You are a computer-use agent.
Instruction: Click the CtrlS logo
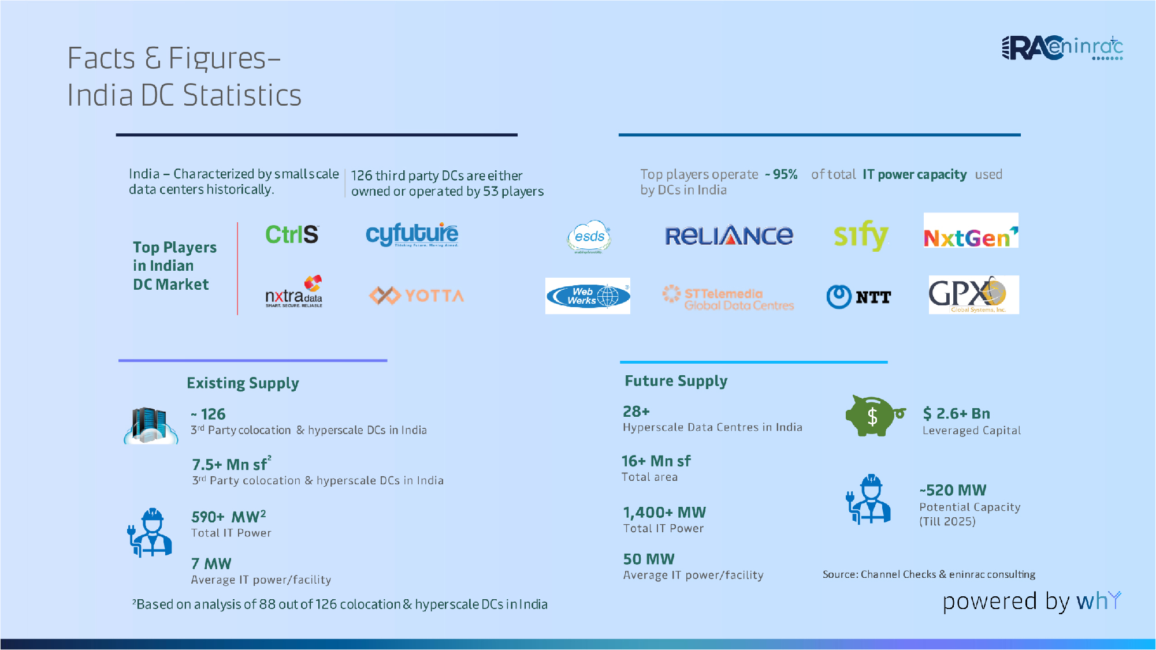click(x=292, y=234)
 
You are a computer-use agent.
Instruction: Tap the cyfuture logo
click(x=412, y=234)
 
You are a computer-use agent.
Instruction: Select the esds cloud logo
click(x=589, y=237)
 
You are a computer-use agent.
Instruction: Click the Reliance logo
click(x=728, y=236)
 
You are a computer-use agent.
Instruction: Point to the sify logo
click(x=860, y=235)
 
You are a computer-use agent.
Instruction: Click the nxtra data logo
click(x=294, y=293)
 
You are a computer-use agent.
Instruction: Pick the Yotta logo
click(x=417, y=296)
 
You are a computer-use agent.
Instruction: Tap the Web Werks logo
click(x=588, y=296)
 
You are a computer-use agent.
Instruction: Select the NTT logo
click(x=858, y=297)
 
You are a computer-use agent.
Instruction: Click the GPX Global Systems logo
click(x=973, y=295)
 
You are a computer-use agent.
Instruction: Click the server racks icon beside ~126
click(x=151, y=425)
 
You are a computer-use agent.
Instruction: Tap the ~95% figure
click(x=782, y=174)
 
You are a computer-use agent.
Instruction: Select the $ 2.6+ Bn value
click(x=956, y=413)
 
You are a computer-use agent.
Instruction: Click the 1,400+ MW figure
click(x=664, y=513)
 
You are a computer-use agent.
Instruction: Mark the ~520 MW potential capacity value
click(x=953, y=490)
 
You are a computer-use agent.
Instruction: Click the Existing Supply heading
click(x=243, y=383)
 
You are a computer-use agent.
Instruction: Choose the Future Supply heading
click(x=676, y=381)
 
